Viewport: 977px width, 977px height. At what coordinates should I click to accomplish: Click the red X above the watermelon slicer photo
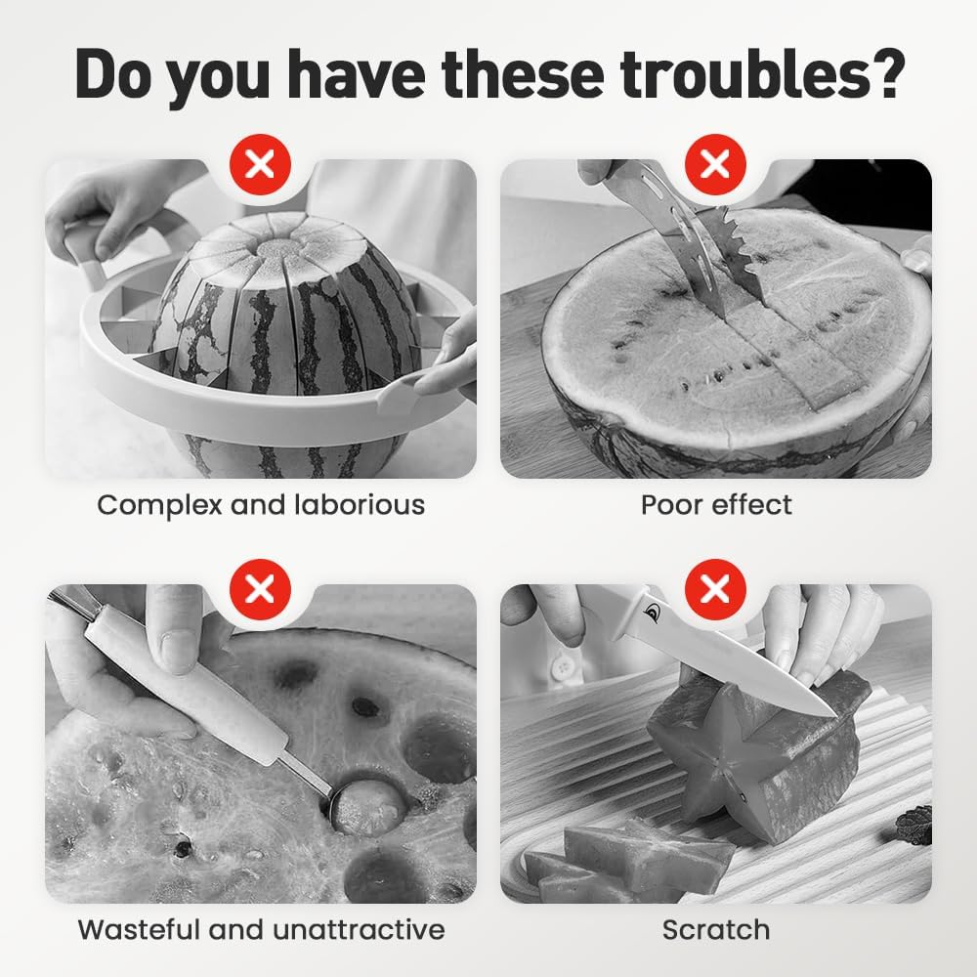coord(261,164)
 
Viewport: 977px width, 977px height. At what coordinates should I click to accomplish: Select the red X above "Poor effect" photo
coord(715,164)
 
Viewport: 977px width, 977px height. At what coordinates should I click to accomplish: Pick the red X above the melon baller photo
coord(261,589)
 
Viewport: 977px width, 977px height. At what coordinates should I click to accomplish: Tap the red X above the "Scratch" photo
coord(715,589)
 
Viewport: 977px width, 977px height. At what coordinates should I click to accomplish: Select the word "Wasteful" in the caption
coord(139,930)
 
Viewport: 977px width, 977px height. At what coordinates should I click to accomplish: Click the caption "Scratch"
coord(716,930)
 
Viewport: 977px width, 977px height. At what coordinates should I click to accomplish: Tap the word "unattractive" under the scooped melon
coord(359,930)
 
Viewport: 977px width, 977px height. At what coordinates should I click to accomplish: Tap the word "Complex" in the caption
coord(159,505)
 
